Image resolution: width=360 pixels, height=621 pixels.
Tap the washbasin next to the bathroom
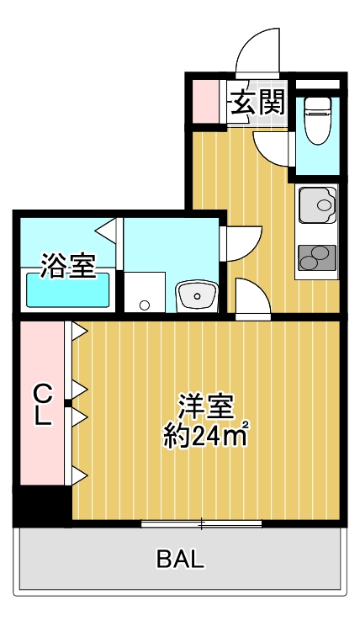[198, 295]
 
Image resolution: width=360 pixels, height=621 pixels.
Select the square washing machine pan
[146, 292]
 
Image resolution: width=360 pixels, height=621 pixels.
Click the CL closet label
[43, 404]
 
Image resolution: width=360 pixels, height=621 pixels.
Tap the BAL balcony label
[180, 559]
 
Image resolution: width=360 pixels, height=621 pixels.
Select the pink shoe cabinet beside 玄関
[205, 101]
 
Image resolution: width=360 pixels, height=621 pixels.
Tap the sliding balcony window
[202, 524]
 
